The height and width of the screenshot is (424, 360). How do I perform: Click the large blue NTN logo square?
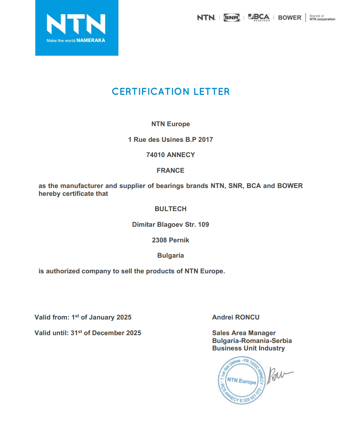[76, 28]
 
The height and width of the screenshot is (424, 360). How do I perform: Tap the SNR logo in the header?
[232, 17]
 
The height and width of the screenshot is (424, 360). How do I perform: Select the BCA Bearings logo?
[259, 17]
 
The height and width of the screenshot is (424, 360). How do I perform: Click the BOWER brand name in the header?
[290, 17]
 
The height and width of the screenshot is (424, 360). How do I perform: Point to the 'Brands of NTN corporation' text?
[322, 18]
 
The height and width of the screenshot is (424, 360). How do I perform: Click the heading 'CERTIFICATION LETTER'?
[171, 92]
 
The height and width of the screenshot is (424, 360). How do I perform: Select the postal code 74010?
[155, 155]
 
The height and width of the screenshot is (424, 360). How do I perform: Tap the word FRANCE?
[170, 171]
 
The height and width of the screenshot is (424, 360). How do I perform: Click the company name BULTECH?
[170, 209]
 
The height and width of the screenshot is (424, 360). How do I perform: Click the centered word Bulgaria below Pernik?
[170, 256]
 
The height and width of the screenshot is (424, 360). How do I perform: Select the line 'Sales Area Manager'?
[244, 333]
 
